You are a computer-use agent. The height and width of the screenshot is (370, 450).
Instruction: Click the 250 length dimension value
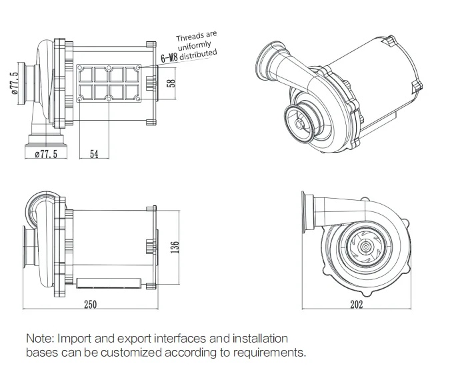click(x=91, y=305)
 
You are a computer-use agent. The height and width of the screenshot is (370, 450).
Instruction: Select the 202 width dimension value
click(x=356, y=305)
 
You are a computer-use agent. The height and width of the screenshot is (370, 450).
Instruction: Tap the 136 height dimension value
click(x=174, y=246)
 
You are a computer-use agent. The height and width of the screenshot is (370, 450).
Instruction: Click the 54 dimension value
click(x=94, y=154)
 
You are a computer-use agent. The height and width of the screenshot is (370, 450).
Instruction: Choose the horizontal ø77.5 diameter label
click(x=45, y=154)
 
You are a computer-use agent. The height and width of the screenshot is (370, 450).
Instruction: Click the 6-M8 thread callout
click(x=169, y=59)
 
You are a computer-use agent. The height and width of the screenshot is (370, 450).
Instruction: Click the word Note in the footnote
click(x=40, y=339)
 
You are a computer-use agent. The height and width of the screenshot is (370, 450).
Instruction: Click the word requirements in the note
click(x=270, y=352)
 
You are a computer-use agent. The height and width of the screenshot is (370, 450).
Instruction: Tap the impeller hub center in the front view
click(x=366, y=247)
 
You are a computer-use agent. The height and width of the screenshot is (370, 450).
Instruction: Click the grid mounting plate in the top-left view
click(x=109, y=83)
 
